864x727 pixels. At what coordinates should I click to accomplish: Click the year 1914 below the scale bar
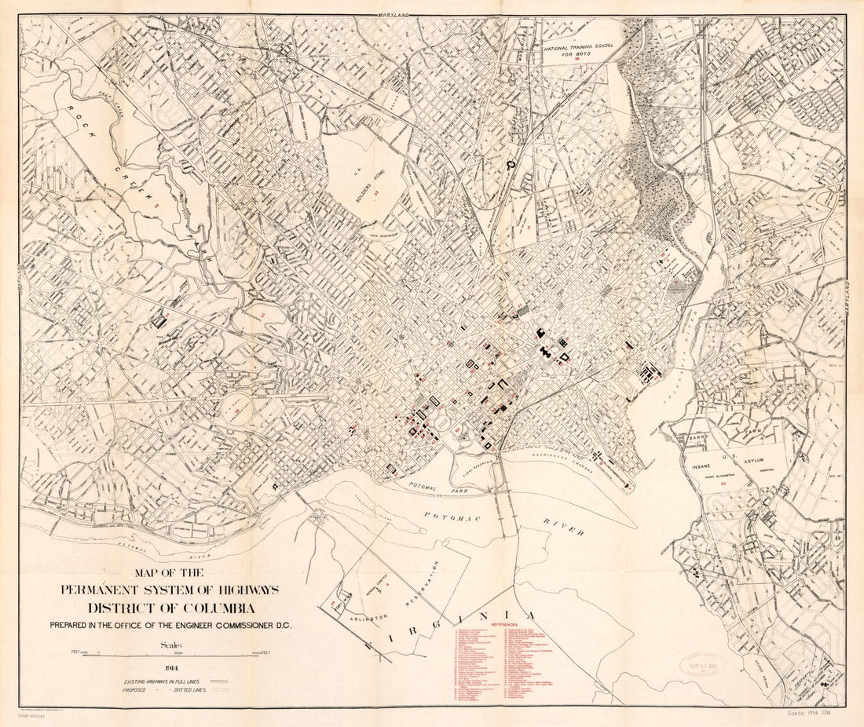(170, 669)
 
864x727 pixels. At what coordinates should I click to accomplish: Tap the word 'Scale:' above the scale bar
(170, 645)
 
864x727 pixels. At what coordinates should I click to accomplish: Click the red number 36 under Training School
(580, 59)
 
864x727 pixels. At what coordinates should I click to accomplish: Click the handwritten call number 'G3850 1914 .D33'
(816, 716)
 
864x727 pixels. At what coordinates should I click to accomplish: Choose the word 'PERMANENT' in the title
(114, 590)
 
